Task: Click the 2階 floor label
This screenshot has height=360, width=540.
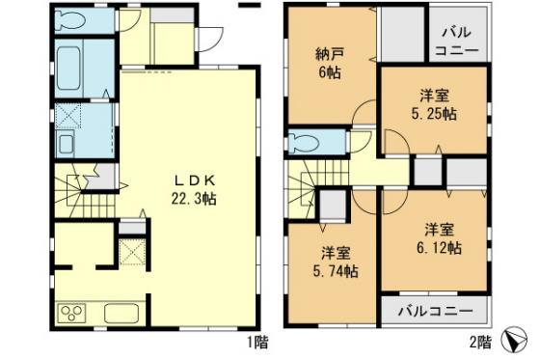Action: point(479,341)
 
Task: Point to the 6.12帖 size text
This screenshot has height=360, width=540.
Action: point(440,247)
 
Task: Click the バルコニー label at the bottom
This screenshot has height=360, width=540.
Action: point(437,312)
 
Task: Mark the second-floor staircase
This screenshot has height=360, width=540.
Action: point(309,182)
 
